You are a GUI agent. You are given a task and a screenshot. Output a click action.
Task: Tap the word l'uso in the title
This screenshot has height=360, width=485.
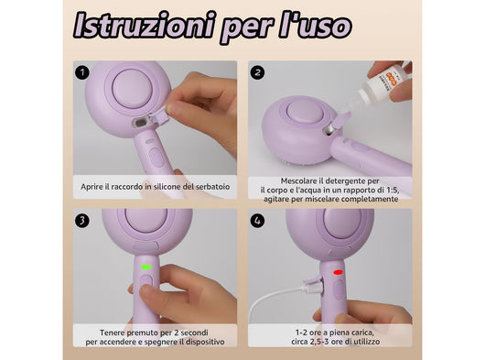pos(314,26)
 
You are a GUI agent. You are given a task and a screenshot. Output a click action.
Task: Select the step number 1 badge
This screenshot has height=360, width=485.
pos(83,71)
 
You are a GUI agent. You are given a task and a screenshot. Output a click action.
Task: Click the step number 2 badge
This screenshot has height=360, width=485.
pos(257,71)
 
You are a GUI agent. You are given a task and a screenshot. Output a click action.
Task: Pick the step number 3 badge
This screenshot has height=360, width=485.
pos(83,220)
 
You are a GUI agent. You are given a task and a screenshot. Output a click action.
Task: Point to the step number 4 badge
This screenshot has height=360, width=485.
pos(257,220)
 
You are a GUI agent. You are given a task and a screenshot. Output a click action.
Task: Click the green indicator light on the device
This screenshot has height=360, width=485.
pos(145,268)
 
